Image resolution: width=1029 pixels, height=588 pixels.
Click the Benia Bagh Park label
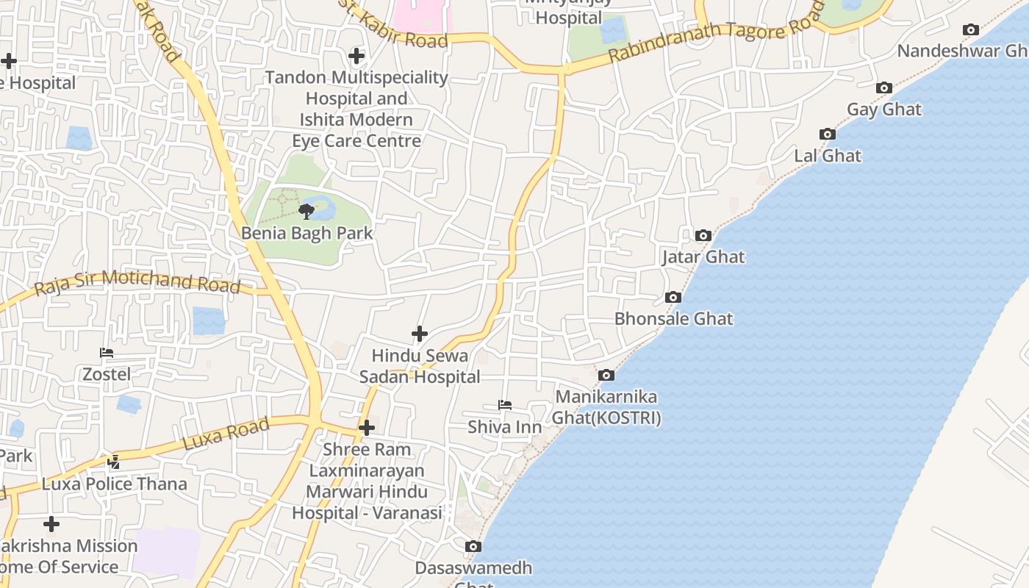[x=307, y=233]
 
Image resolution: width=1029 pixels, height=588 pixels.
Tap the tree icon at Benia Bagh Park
[x=306, y=212]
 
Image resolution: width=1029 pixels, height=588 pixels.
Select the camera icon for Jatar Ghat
[x=703, y=235]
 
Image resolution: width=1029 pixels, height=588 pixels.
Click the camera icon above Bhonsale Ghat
[x=673, y=297]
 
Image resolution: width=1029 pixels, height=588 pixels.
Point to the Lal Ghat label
[x=828, y=156]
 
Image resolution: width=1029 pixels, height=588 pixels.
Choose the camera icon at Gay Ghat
[x=884, y=88]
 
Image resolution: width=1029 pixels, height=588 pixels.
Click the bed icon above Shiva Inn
[x=504, y=405]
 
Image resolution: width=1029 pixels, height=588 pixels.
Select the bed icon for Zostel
[x=107, y=353]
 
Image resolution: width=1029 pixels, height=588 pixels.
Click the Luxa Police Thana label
[x=114, y=484]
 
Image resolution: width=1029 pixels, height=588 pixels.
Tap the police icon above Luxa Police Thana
[x=113, y=462]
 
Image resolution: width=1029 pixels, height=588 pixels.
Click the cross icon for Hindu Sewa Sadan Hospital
[x=420, y=334]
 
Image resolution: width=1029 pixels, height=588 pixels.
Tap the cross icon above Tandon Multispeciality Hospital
[x=356, y=56]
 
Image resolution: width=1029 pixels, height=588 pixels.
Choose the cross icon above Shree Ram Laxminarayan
[x=367, y=428]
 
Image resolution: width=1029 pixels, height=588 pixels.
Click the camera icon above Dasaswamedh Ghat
[x=473, y=546]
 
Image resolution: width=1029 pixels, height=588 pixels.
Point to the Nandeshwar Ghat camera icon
[x=971, y=30]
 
